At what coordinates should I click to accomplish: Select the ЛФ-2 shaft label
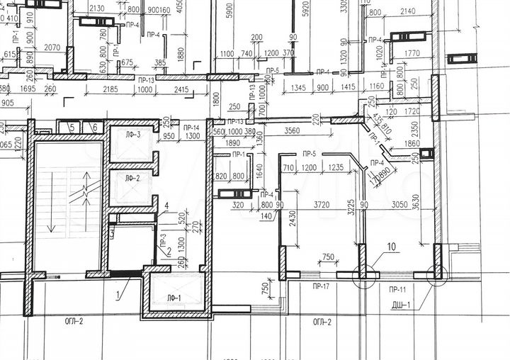point(132,179)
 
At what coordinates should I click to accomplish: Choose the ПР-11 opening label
point(396,289)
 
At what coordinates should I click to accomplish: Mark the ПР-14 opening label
point(191,127)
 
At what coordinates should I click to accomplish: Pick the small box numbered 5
point(72,127)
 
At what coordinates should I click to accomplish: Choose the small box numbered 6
point(94,127)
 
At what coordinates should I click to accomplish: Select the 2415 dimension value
point(181,90)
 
